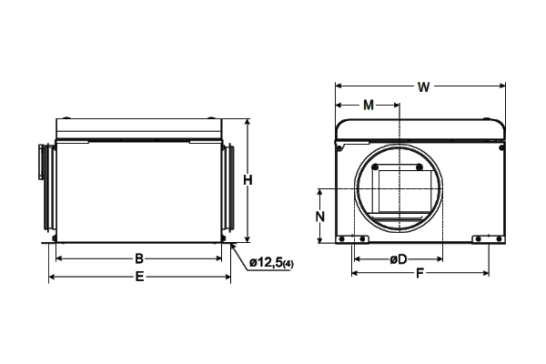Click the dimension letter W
423,86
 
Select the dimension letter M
368,105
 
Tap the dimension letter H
248,180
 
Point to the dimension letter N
320,217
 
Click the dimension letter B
139,258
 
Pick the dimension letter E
139,277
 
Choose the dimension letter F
420,274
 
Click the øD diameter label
398,259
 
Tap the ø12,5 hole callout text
266,263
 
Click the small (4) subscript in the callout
288,265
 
